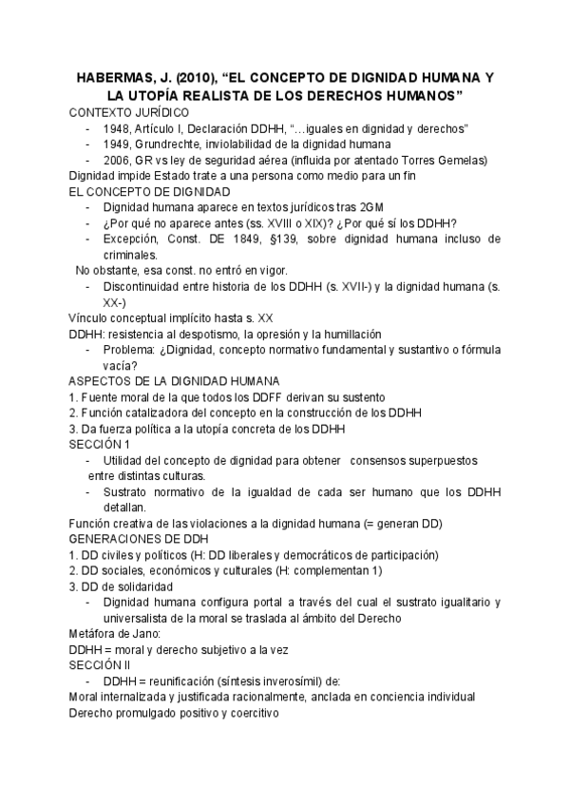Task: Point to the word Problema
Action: click(132, 349)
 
